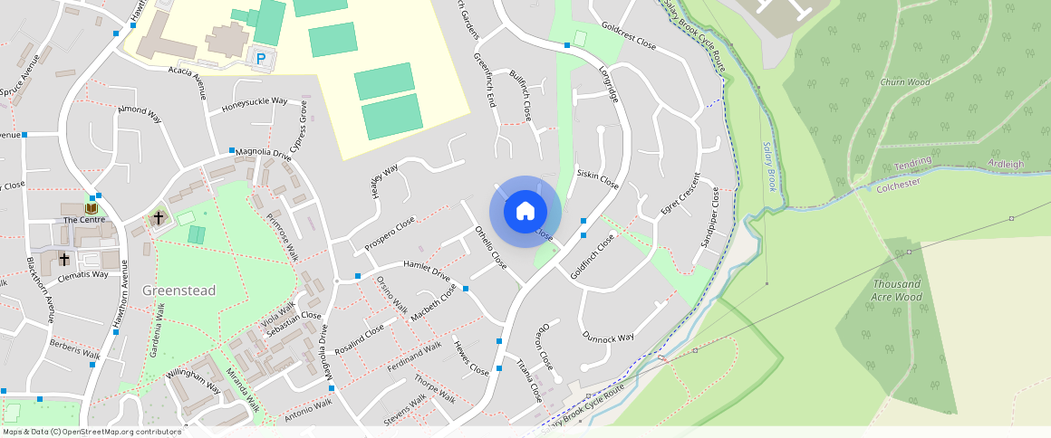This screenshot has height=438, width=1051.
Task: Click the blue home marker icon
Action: (x=525, y=212)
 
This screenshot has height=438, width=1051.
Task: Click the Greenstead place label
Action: (x=179, y=290)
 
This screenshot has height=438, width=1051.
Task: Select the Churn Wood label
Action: (x=904, y=82)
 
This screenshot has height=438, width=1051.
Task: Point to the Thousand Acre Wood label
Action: (x=897, y=290)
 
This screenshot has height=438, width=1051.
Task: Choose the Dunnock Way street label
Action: (x=607, y=338)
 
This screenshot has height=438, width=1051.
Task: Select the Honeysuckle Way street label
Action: (x=255, y=106)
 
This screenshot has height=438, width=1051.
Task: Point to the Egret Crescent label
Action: (x=680, y=193)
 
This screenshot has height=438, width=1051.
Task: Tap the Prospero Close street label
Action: (x=390, y=233)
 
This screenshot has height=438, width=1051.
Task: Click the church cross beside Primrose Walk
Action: (x=159, y=217)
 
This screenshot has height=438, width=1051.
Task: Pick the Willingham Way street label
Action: (x=193, y=381)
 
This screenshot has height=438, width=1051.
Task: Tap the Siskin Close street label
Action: (x=598, y=178)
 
